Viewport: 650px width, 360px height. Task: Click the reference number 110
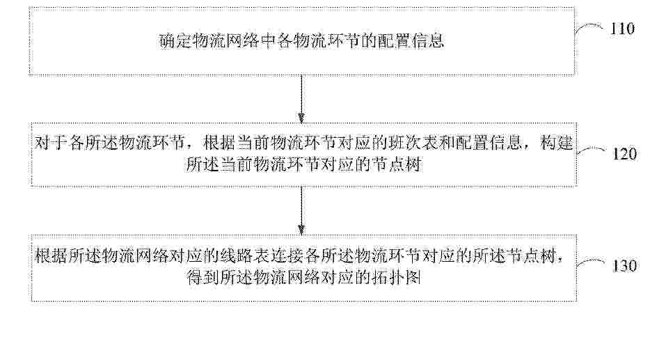click(x=623, y=29)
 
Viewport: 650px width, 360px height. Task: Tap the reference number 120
click(x=625, y=155)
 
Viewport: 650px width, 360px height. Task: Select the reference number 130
click(x=625, y=266)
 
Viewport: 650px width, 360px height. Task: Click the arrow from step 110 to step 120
click(x=301, y=99)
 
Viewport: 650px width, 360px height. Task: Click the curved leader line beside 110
click(x=589, y=27)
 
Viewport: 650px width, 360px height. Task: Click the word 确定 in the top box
click(x=176, y=41)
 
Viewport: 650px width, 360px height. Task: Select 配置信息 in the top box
click(x=411, y=41)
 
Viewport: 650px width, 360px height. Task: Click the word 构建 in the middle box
click(x=556, y=143)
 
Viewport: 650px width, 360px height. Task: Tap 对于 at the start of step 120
click(x=51, y=143)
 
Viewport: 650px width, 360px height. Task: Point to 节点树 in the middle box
click(x=396, y=164)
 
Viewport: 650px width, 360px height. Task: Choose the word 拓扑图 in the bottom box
click(x=396, y=277)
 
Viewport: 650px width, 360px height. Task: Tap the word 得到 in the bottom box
click(x=203, y=277)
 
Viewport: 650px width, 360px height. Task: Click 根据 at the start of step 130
click(x=51, y=256)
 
